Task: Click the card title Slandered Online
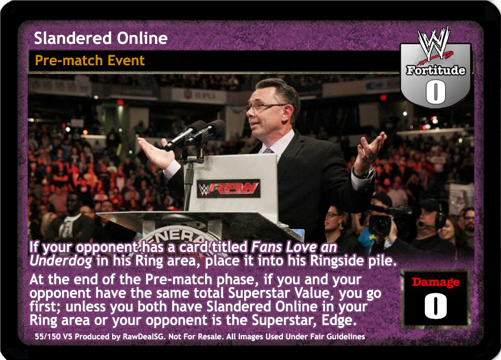point(101,38)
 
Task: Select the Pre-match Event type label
point(90,61)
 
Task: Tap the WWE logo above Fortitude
point(435,45)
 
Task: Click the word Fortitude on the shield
point(435,70)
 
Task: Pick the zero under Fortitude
point(435,92)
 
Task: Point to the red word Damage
point(435,282)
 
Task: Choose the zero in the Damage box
point(435,306)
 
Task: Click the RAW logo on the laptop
point(229,188)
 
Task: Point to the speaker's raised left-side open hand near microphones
point(156,153)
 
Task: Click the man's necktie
point(268,151)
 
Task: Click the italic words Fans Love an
point(294,247)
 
